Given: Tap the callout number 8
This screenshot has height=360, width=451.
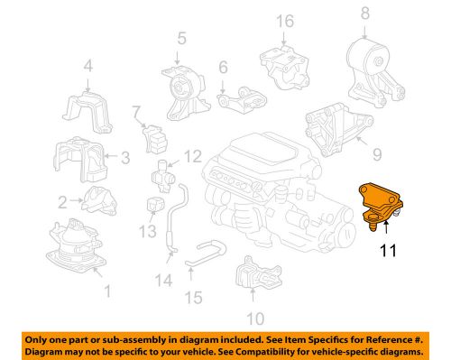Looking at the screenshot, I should [x=365, y=13].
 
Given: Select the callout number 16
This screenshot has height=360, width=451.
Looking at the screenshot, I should [x=284, y=21].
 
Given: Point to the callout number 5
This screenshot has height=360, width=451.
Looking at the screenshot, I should [x=181, y=38].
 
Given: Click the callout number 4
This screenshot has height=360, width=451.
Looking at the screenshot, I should [x=87, y=65].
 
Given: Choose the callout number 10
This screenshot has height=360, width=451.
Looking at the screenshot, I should [x=255, y=318].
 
